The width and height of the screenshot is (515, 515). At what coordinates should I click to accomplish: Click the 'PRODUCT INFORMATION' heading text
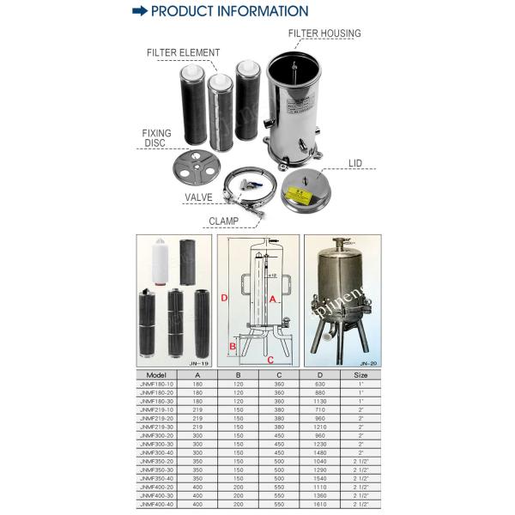tap(229, 11)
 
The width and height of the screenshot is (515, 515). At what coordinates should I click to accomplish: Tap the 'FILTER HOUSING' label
tap(324, 33)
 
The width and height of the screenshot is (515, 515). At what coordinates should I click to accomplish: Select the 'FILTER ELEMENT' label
tap(183, 52)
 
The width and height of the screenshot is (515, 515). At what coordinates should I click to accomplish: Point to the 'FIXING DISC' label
tap(157, 138)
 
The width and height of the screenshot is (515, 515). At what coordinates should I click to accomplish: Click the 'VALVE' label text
tap(198, 197)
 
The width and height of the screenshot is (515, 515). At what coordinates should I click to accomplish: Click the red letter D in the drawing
tap(224, 299)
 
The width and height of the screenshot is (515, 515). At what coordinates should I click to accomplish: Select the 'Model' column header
tap(156, 375)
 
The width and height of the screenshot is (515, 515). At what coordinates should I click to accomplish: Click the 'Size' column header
tap(361, 375)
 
